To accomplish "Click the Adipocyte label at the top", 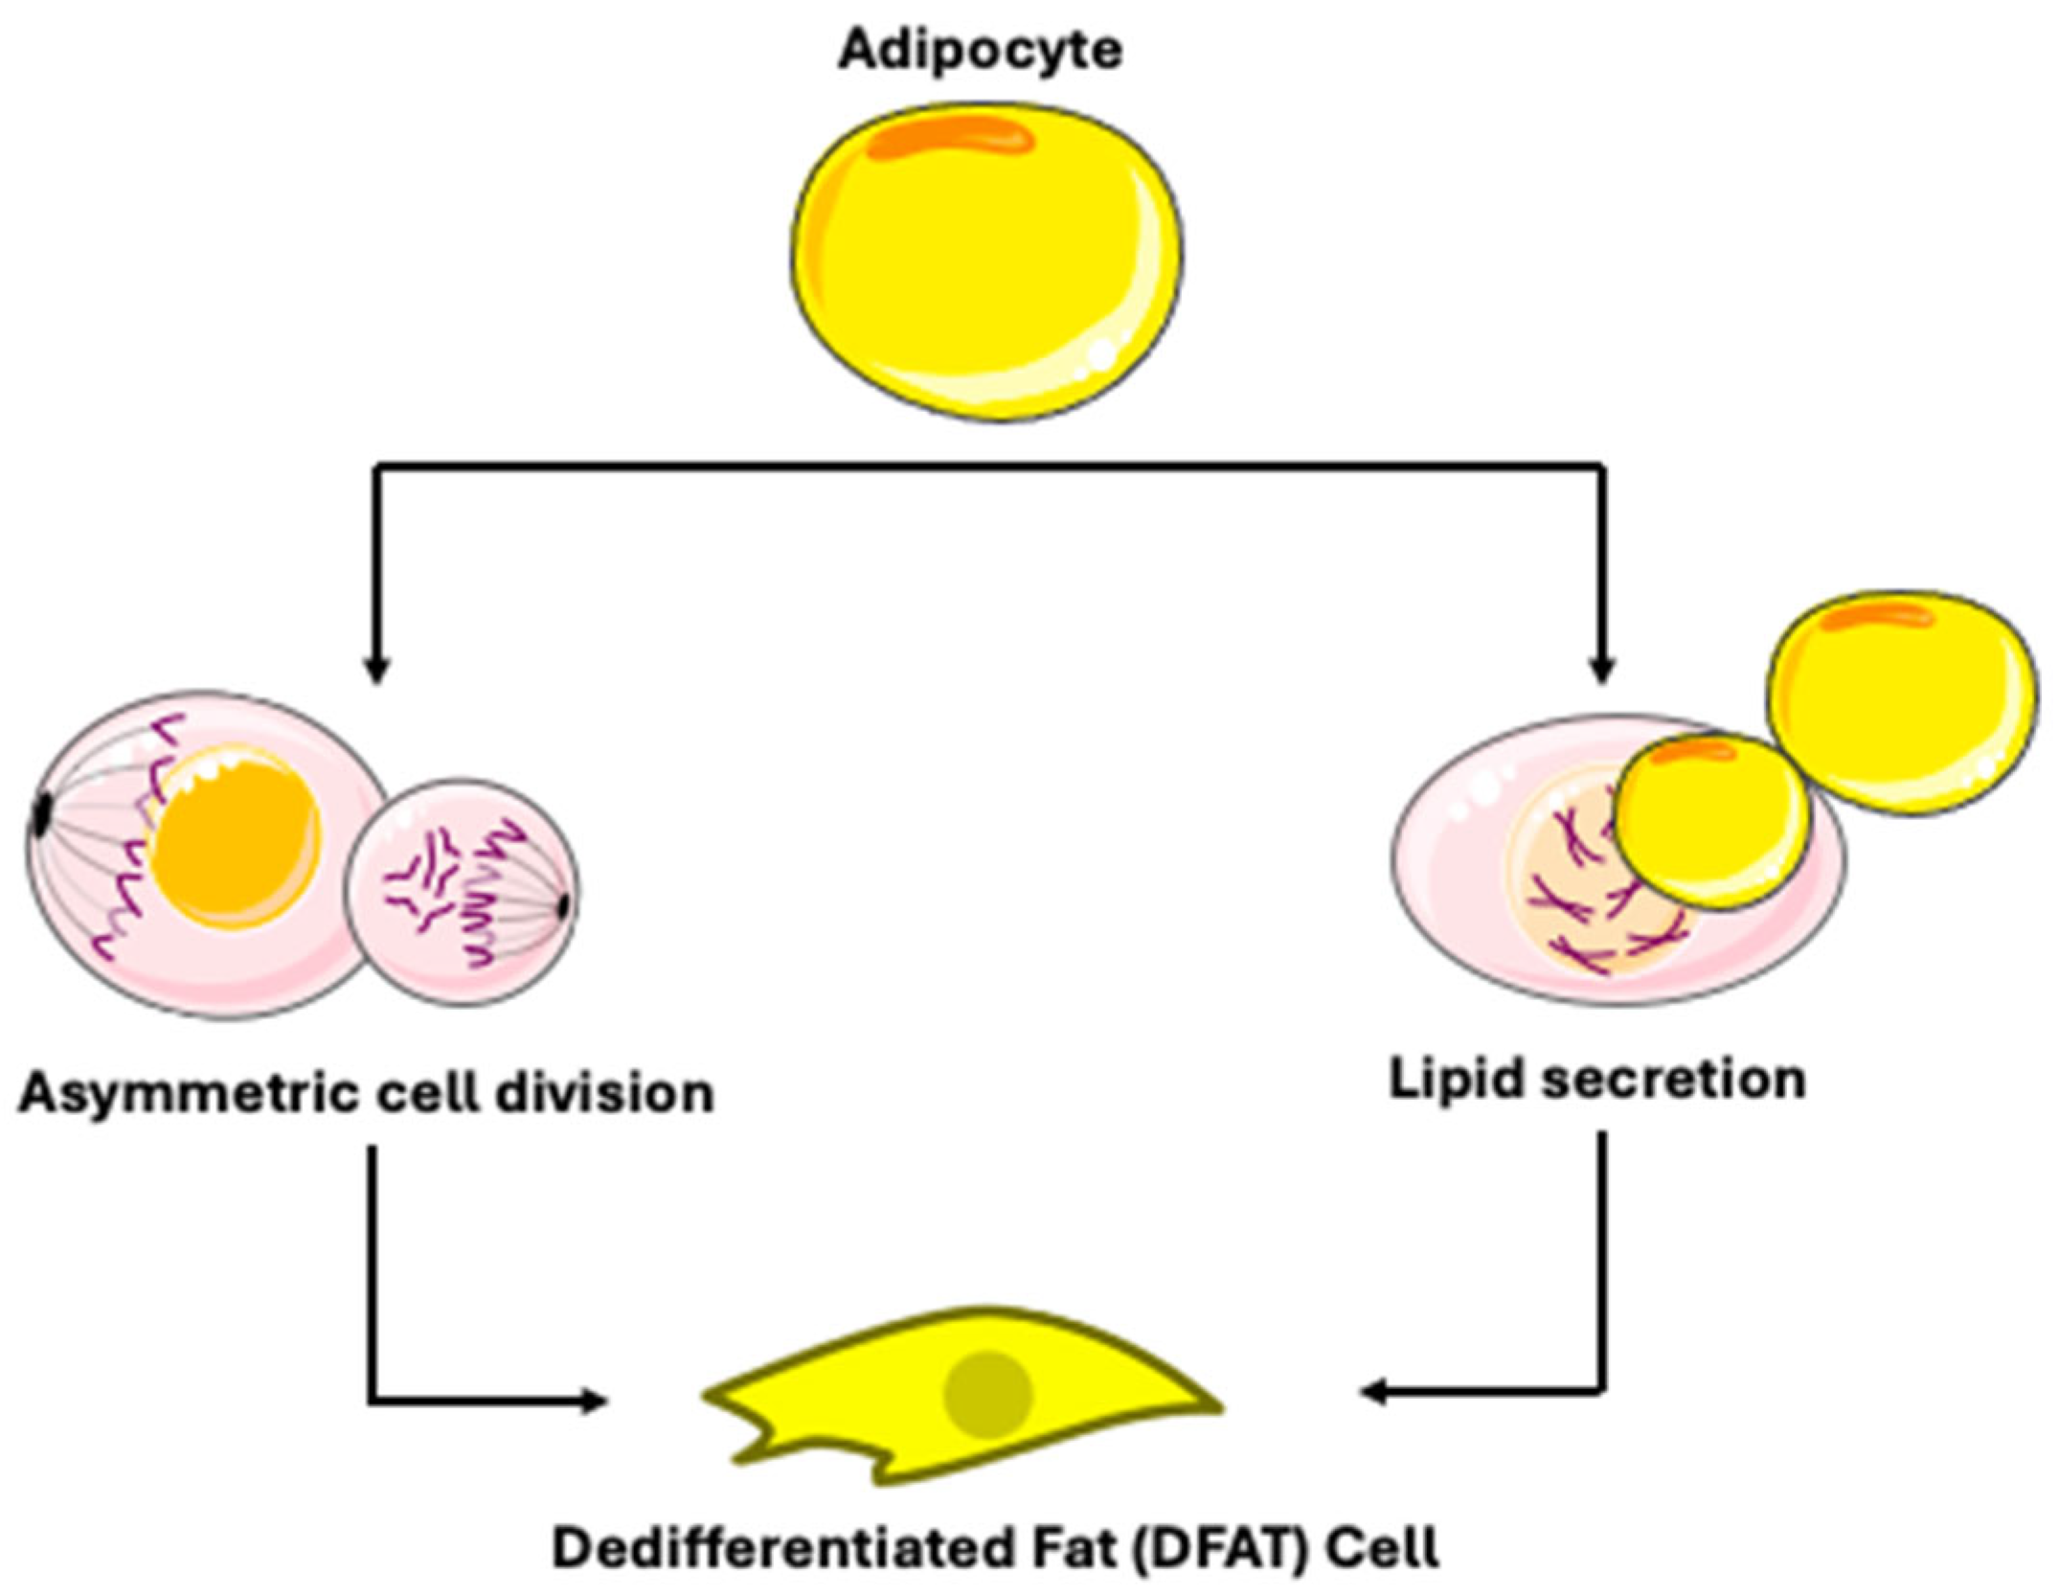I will tap(980, 50).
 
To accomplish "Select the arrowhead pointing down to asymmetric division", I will tap(376, 671).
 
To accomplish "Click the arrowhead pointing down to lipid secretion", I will tap(1602, 671).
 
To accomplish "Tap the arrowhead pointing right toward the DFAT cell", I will tap(594, 1402).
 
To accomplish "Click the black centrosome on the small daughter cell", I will tap(565, 903).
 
